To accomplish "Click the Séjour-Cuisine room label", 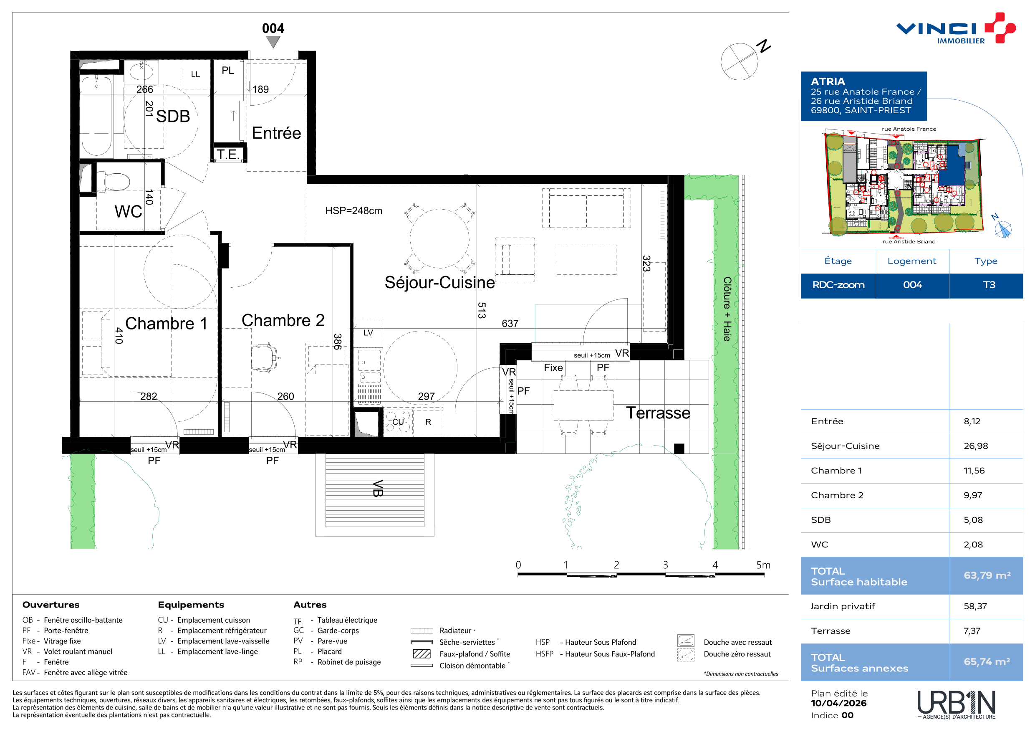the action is click(439, 282).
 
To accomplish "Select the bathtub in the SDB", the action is click(96, 116).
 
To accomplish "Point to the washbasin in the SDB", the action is click(141, 71).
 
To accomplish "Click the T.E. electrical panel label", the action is click(228, 154).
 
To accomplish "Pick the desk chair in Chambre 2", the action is click(265, 358).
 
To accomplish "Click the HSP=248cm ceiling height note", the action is click(353, 210).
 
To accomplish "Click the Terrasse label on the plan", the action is click(658, 413).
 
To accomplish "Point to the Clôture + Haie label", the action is click(727, 309).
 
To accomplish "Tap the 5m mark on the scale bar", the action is click(763, 565).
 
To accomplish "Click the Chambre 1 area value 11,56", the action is click(974, 471).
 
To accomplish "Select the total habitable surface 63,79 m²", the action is click(987, 575).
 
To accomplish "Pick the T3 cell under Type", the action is click(989, 285).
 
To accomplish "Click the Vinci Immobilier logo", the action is click(956, 28).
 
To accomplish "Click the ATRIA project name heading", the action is click(828, 81).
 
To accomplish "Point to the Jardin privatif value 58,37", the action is click(975, 606).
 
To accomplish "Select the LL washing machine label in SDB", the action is click(195, 74).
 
